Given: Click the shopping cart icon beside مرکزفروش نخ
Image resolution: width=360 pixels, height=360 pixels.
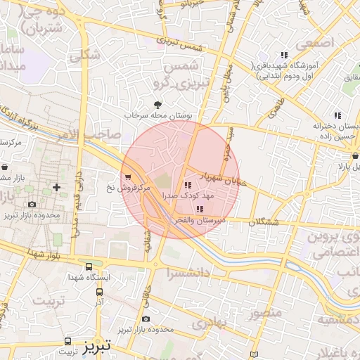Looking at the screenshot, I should click(127, 177).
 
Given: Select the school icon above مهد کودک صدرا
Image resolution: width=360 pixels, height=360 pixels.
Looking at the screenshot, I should click(186, 186).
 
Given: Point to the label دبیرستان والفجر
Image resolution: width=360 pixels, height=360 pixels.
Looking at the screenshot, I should click(195, 220).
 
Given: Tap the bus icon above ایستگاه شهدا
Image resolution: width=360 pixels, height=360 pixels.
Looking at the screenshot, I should click(89, 267).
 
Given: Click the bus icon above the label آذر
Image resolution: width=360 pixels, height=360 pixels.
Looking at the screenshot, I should click(99, 290).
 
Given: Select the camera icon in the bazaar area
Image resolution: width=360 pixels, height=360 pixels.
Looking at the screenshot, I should click(32, 205).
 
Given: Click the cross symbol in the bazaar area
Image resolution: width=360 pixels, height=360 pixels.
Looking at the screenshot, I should click(56, 187).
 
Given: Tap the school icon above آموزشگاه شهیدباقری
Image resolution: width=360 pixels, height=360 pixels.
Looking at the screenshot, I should click(284, 55).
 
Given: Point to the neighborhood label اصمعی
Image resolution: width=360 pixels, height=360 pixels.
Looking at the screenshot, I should click(313, 44).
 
